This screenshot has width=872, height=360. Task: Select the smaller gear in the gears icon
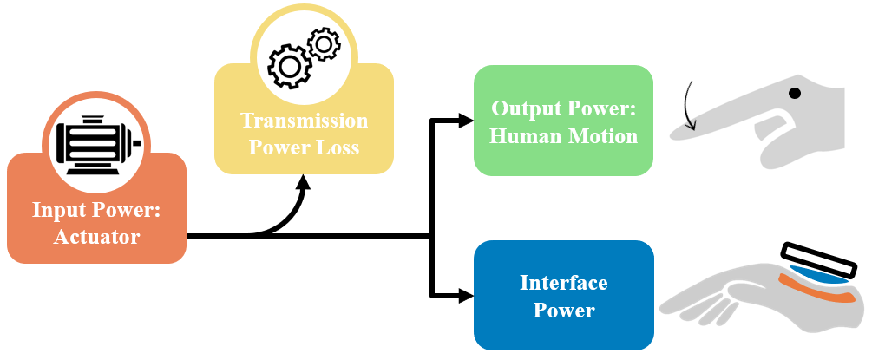pos(323,43)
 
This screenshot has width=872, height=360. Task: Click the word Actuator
pos(97,236)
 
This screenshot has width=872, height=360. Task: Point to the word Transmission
pos(304,121)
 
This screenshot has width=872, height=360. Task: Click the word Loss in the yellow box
pos(334,147)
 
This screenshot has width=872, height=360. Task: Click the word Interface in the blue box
pos(563,283)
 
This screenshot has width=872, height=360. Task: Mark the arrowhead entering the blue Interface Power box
pos(465,296)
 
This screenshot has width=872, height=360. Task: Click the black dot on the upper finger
pos(794,92)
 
